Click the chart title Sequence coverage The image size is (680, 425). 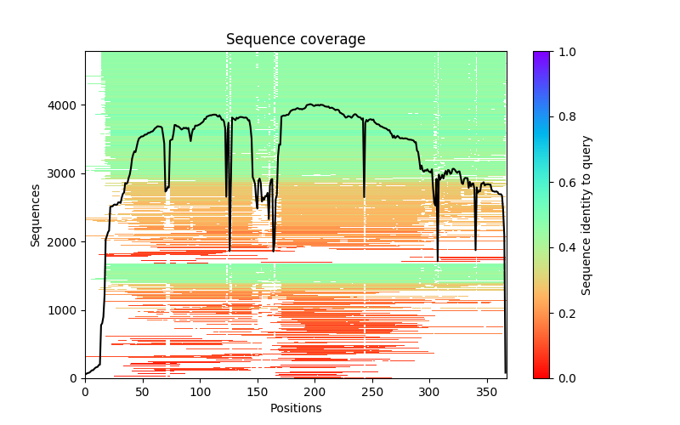pyautogui.click(x=296, y=39)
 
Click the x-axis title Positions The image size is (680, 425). pyautogui.click(x=296, y=408)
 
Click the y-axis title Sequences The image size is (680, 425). pyautogui.click(x=36, y=214)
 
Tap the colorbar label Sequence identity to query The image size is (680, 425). pyautogui.click(x=586, y=214)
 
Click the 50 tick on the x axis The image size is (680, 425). pyautogui.click(x=143, y=391)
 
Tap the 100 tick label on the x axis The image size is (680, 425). pyautogui.click(x=200, y=391)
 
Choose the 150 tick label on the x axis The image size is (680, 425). pyautogui.click(x=258, y=391)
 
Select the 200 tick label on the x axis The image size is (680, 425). pyautogui.click(x=314, y=391)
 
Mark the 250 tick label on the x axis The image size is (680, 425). pyautogui.click(x=372, y=391)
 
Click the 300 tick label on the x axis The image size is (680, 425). pyautogui.click(x=429, y=391)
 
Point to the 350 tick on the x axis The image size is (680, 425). pyautogui.click(x=487, y=391)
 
